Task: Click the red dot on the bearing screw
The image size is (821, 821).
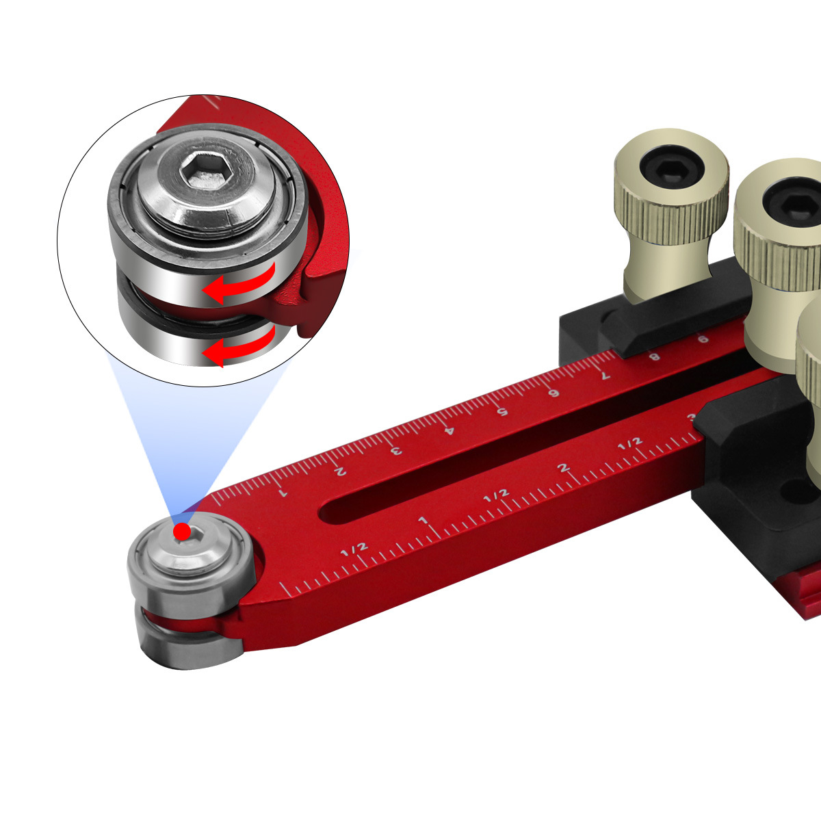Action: [x=182, y=532]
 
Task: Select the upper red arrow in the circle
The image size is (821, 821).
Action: [x=239, y=283]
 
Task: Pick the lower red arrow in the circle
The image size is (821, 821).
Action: [x=239, y=346]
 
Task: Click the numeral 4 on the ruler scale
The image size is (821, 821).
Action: [x=449, y=430]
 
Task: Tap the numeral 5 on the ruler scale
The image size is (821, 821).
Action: [x=503, y=412]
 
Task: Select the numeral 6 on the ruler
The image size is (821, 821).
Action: [x=554, y=393]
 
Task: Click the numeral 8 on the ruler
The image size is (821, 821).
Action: [x=655, y=356]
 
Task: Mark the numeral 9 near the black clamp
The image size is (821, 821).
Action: [x=703, y=339]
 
